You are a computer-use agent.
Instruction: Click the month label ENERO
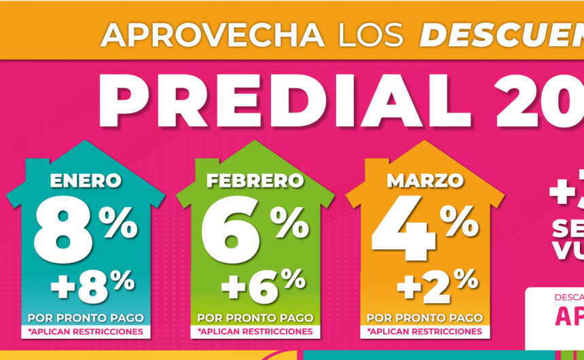pos(86,181)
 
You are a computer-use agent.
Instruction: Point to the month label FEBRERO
pos(255,181)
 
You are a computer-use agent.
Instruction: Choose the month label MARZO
pos(425,181)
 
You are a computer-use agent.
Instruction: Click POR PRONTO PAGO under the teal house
pos(86,318)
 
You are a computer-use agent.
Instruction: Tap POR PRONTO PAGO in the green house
pos(255,318)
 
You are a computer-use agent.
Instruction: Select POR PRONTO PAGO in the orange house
pos(425,318)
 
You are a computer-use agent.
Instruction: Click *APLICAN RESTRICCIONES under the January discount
pos(86,331)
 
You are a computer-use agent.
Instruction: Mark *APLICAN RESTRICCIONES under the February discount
pos(255,331)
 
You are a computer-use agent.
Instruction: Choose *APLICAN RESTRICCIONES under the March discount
pos(425,331)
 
